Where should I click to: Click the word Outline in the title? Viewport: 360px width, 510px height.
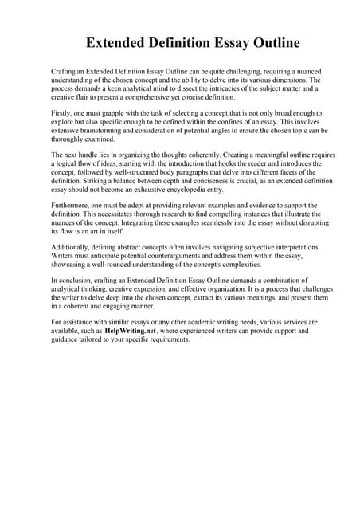272,42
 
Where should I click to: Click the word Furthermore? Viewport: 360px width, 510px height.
72,206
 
